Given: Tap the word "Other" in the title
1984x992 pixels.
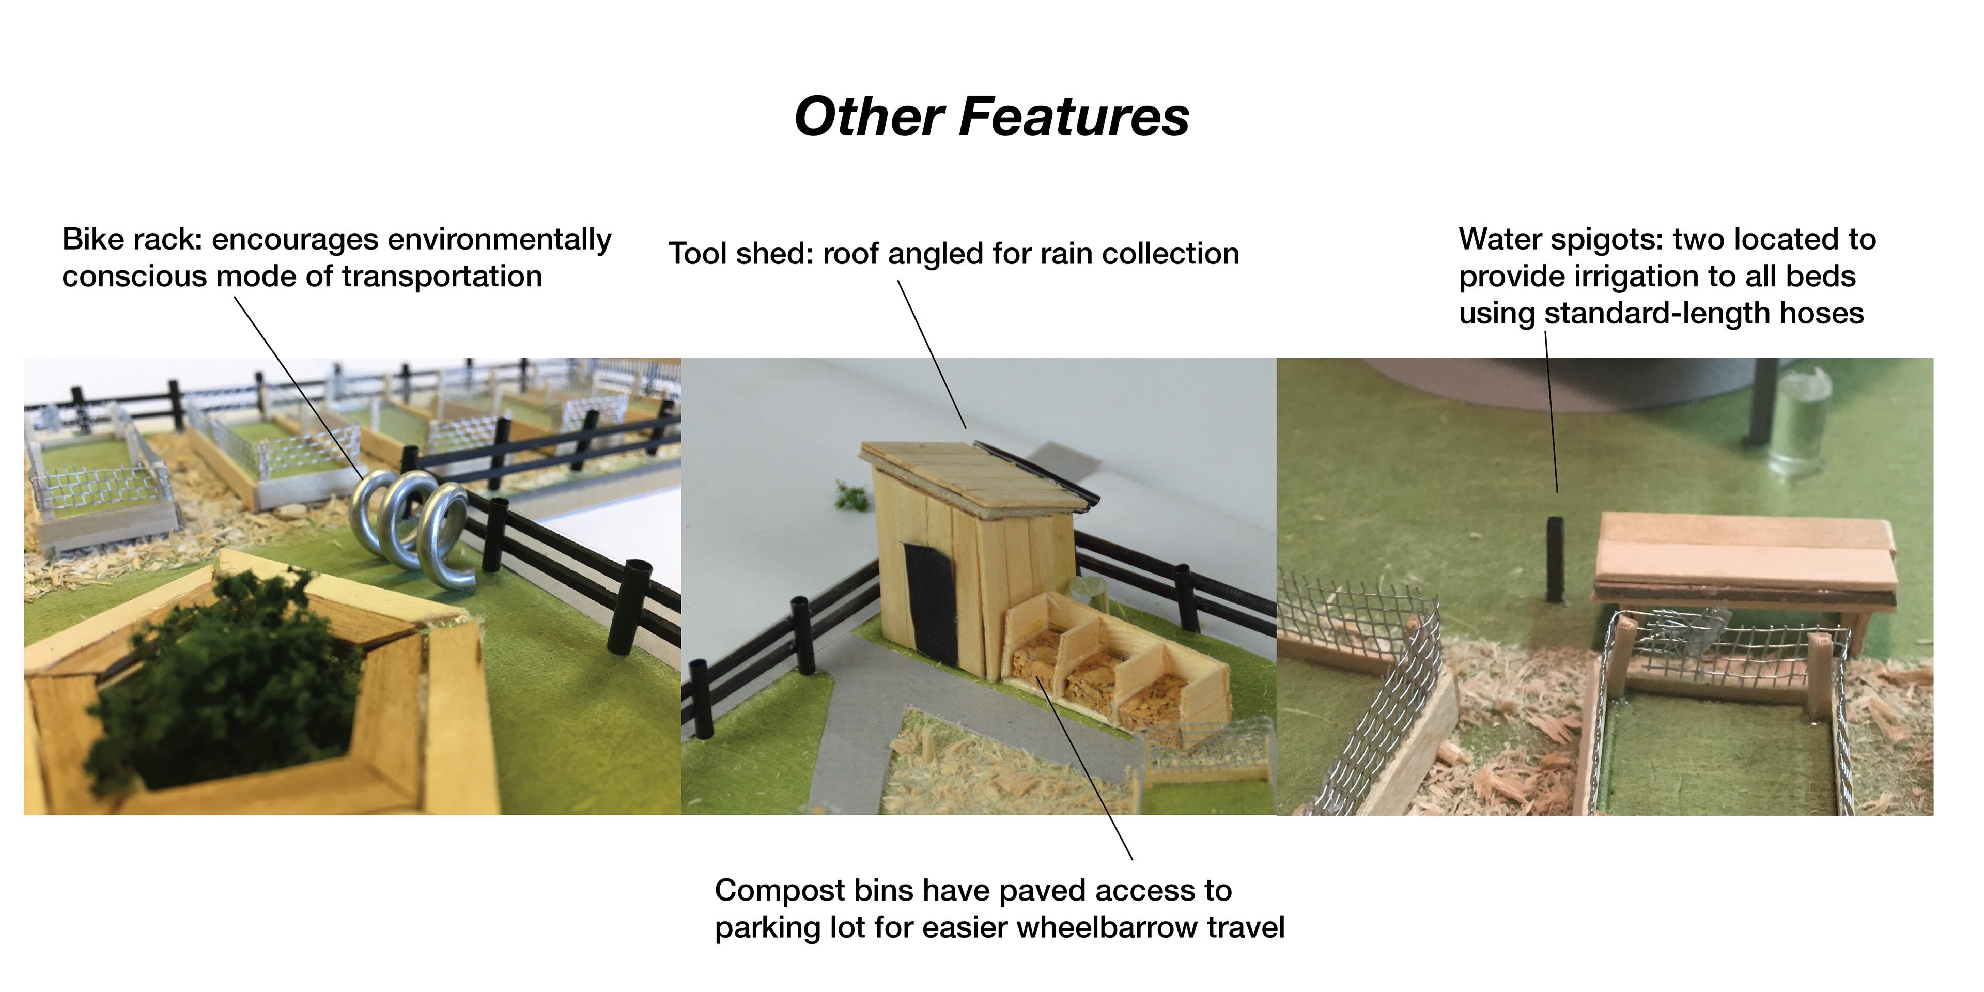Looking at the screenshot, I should [x=868, y=117].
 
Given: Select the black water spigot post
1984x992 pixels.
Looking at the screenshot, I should [x=1556, y=559].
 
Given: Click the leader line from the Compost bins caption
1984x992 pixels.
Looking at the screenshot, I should [x=1086, y=770].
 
